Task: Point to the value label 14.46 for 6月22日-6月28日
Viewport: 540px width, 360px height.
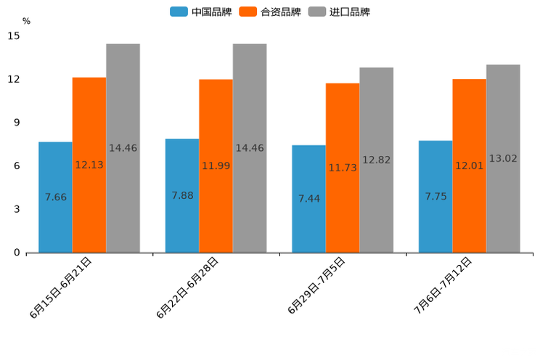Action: coord(250,148)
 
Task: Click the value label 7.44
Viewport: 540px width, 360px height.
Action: coord(308,198)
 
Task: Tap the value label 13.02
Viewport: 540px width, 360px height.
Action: coord(503,158)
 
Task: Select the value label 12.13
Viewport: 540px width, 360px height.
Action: coord(89,165)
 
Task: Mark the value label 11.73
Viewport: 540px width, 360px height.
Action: coord(343,168)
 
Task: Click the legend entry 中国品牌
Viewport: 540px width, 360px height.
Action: coord(201,12)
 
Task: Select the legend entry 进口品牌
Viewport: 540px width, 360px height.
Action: coord(339,12)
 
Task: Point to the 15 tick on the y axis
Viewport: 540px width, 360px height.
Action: coord(14,36)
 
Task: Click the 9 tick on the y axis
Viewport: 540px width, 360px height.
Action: coord(17,123)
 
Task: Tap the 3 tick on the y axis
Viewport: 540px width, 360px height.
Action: coord(17,209)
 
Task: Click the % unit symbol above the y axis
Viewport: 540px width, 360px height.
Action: coord(26,21)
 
